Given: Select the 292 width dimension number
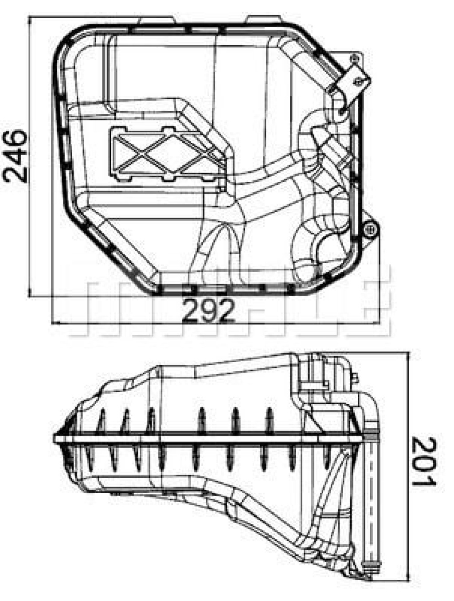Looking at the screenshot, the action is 208,310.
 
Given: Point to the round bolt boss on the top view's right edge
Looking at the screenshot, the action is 370,230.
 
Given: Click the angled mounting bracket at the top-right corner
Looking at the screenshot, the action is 353,82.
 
